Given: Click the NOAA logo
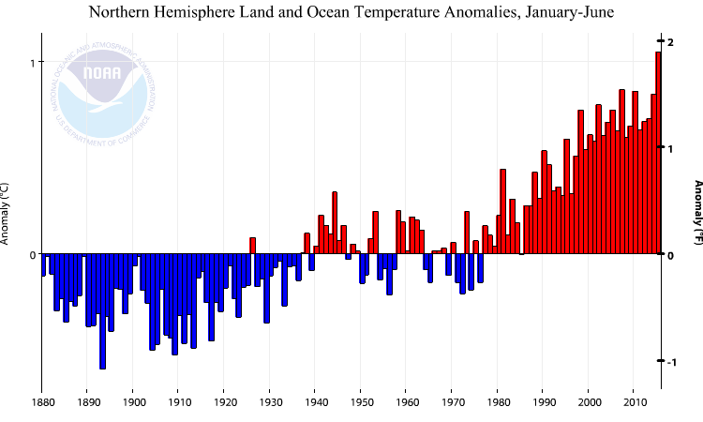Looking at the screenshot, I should click(x=101, y=85).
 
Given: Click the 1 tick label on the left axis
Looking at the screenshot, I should click(x=31, y=63).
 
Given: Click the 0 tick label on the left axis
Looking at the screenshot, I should click(x=31, y=255).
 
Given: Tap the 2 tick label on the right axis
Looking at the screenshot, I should click(x=670, y=41).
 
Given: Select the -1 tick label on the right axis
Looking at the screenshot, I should click(x=670, y=361).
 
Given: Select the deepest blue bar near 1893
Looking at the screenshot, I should click(x=102, y=311).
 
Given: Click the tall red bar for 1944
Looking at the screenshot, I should click(x=335, y=223).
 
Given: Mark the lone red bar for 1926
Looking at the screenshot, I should click(x=253, y=246).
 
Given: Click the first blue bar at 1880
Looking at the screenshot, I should click(x=43, y=264).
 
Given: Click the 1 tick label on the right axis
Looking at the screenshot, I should click(x=670, y=148).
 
